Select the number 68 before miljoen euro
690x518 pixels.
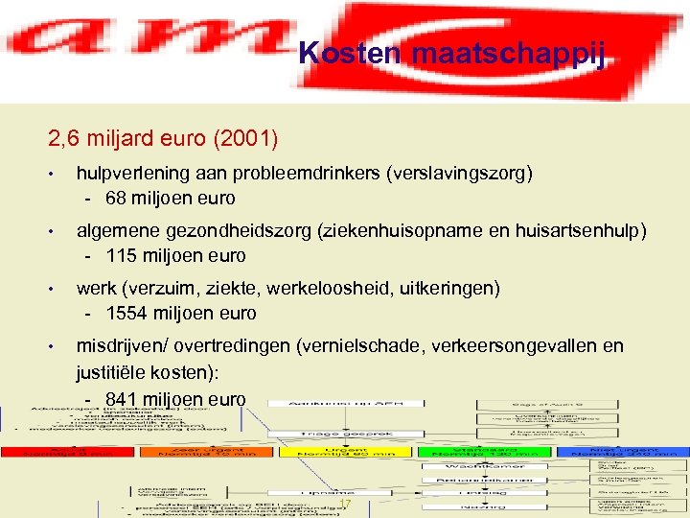(x=118, y=199)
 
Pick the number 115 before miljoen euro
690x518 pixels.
(x=123, y=256)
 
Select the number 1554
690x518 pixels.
(x=128, y=314)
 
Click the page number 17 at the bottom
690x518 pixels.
(x=346, y=505)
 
